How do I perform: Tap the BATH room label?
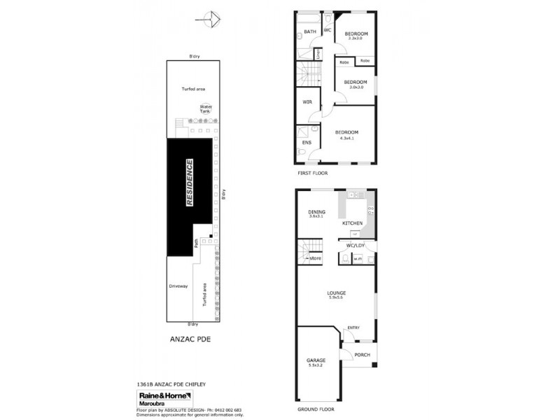[x=309, y=31]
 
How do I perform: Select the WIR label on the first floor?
[x=307, y=102]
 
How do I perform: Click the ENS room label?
[x=306, y=143]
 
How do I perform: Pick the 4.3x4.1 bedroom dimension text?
[x=346, y=139]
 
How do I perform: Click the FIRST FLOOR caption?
[x=311, y=173]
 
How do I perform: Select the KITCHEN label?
[x=351, y=223]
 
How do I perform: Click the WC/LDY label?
[x=356, y=245]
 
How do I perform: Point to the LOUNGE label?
[x=337, y=293]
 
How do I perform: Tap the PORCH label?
[x=361, y=355]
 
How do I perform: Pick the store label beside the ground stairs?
[x=315, y=259]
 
